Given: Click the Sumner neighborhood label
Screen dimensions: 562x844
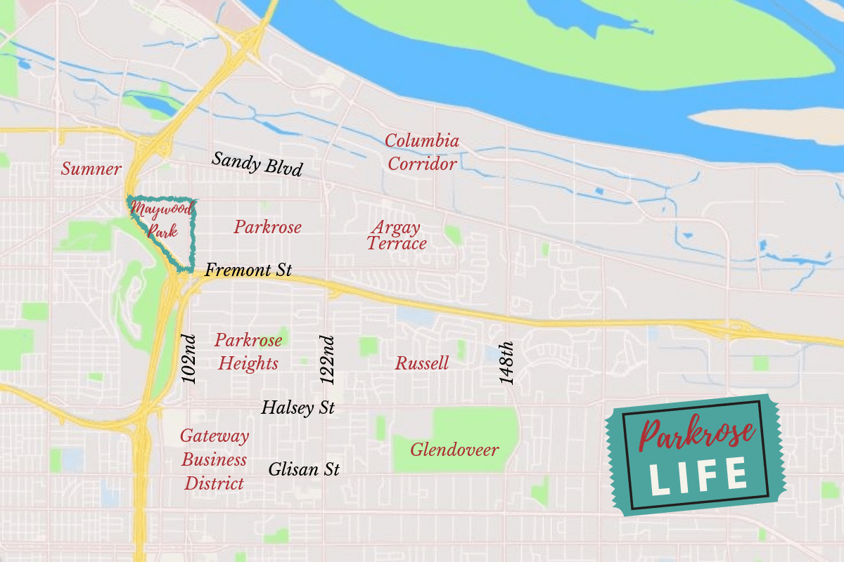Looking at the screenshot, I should (x=91, y=169).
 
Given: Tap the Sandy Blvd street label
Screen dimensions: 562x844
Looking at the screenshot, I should (x=257, y=164).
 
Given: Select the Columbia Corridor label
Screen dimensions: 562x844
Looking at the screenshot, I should (x=422, y=152).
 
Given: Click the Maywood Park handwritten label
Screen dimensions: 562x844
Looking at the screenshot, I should (x=160, y=219).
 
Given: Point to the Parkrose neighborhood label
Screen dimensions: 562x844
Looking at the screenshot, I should (x=267, y=228).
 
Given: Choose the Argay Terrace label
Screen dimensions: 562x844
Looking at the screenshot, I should (x=397, y=236).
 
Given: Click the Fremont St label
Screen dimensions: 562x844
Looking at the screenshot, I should (x=248, y=270).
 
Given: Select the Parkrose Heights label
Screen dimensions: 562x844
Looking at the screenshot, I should (x=248, y=352).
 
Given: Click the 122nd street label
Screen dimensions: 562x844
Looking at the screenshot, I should (x=328, y=360).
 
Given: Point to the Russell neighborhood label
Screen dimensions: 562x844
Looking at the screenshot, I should (x=422, y=364).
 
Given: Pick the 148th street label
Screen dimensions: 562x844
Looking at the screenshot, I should (x=507, y=362).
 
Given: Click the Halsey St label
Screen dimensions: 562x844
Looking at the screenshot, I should (x=298, y=407).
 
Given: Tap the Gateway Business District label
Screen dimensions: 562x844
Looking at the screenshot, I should (x=215, y=459).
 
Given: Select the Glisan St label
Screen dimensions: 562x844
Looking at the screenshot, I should (x=304, y=469).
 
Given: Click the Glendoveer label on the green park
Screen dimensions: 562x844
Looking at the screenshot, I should (x=454, y=450).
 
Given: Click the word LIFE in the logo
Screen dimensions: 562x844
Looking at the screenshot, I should (x=697, y=476).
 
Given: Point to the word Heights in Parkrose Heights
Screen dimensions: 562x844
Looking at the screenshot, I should (x=248, y=364).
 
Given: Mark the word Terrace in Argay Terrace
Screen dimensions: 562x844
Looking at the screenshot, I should (x=397, y=244).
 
